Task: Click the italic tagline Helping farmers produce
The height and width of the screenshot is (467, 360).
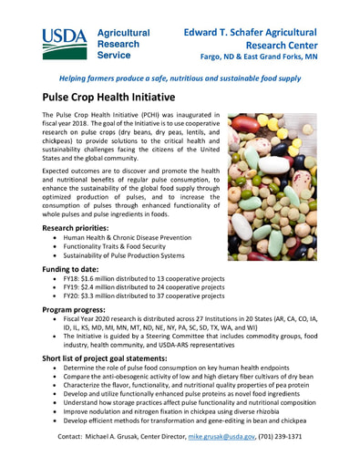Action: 180,79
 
